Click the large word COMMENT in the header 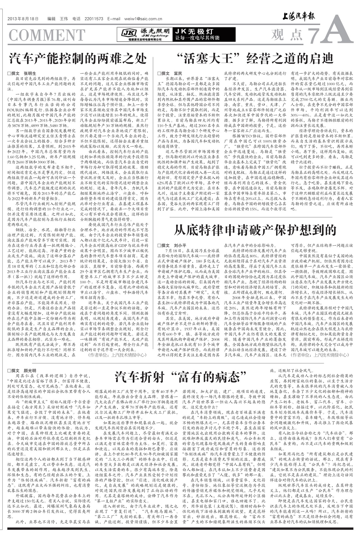[x=47, y=35]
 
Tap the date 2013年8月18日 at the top [x=23, y=19]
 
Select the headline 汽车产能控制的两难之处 [x=78, y=58]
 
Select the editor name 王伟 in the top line [x=64, y=19]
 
